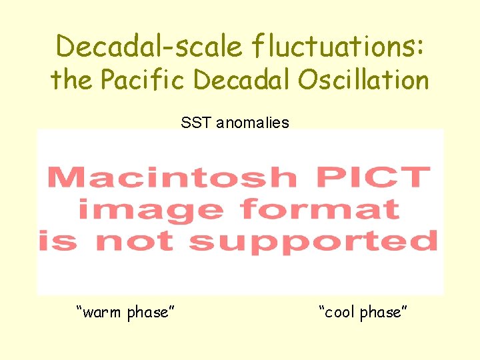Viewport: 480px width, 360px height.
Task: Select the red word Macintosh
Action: pos(172,177)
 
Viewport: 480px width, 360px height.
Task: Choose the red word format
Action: pos(320,209)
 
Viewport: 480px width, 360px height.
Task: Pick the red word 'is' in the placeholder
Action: pos(58,241)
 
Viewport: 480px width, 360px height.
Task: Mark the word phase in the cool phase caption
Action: pos(383,311)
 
